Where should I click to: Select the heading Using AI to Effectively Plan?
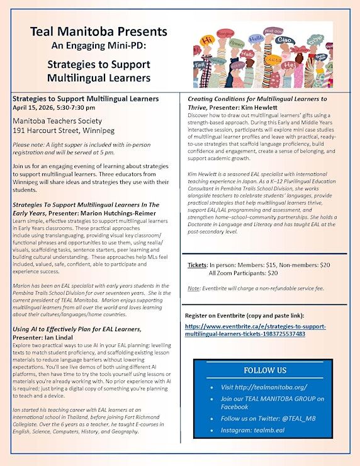coord(76,329)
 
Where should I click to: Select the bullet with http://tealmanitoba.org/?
coord(258,388)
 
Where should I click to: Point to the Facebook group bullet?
coord(266,402)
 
